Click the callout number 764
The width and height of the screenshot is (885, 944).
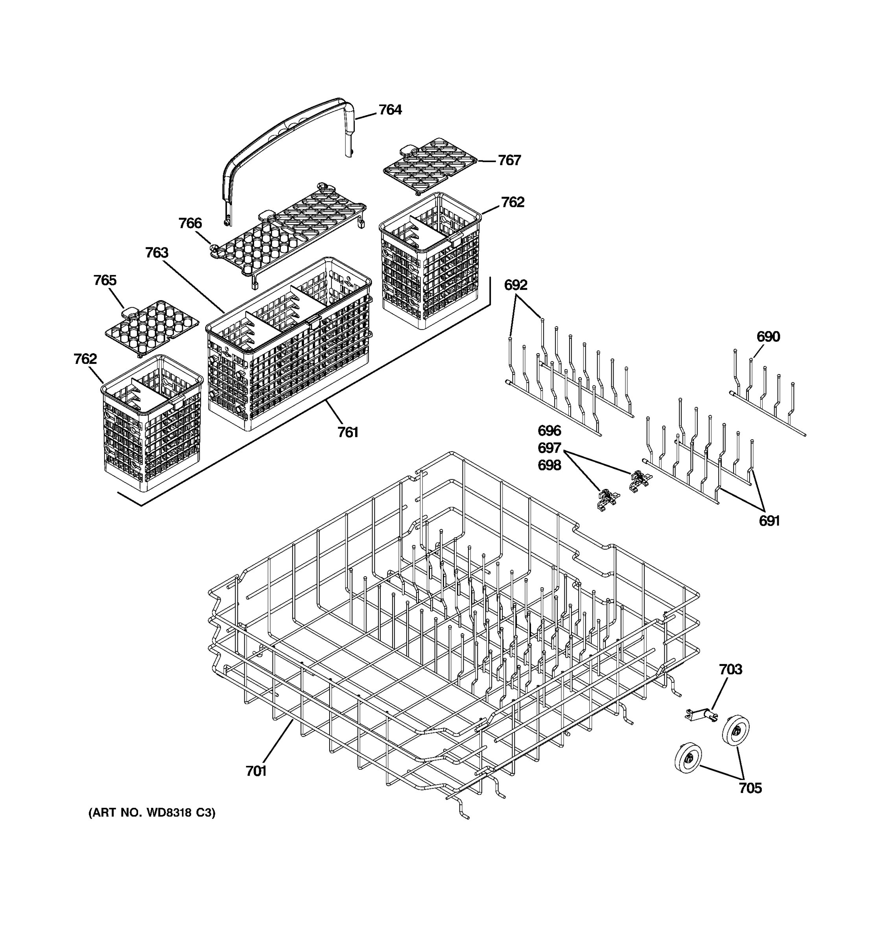[390, 110]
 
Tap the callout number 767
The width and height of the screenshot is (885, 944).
[509, 160]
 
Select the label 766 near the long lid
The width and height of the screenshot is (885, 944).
[190, 223]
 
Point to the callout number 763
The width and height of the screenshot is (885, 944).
[157, 253]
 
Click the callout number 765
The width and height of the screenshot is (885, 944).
[105, 280]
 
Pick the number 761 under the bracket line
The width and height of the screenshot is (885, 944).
[348, 432]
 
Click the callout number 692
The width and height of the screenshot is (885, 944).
[516, 285]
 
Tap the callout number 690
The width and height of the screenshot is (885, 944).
[768, 337]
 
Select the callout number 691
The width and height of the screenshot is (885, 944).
[769, 521]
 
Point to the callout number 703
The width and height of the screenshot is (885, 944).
[730, 669]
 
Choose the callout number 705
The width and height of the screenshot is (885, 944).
[750, 788]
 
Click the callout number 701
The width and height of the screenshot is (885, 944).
[256, 772]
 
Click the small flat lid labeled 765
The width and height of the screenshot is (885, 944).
[151, 327]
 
